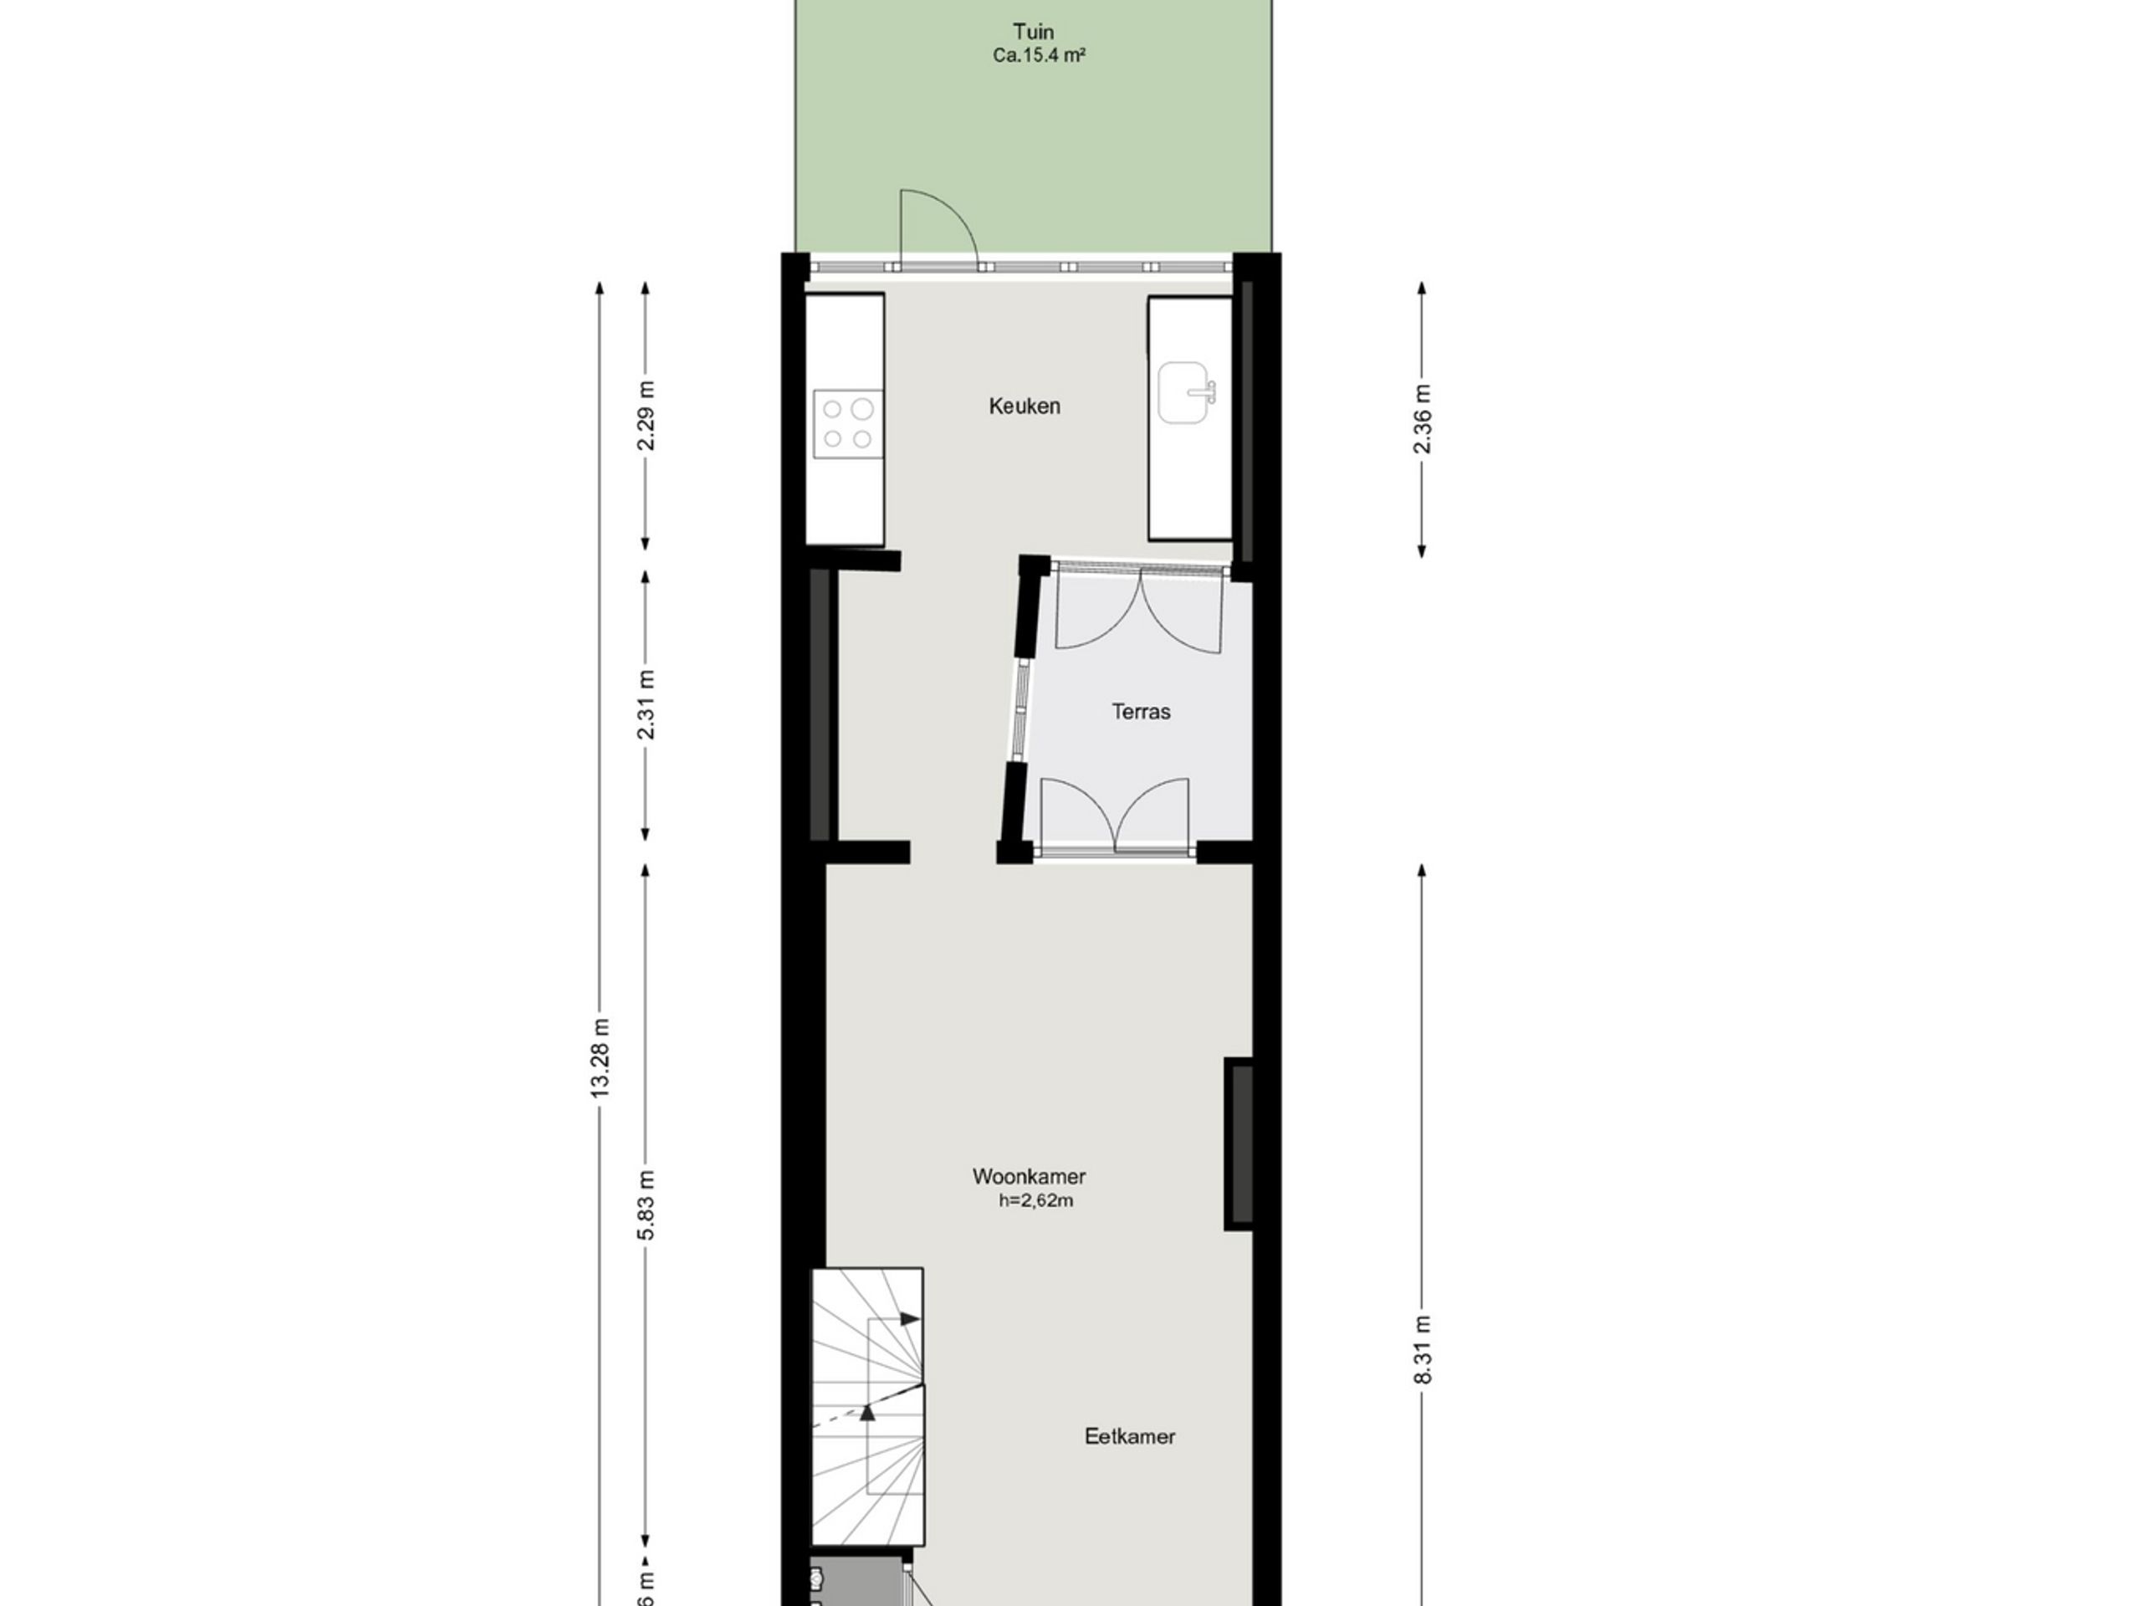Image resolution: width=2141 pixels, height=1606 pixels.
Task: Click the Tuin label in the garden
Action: click(1033, 32)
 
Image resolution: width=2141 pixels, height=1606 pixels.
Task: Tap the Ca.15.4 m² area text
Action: click(1038, 56)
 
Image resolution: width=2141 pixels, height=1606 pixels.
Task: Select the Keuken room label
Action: click(1024, 407)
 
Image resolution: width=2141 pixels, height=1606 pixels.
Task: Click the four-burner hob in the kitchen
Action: click(848, 424)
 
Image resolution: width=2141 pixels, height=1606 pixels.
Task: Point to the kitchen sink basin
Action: click(1185, 393)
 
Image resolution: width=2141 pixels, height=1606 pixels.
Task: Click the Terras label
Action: click(1140, 713)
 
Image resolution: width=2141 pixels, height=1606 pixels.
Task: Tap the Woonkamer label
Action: click(1028, 1177)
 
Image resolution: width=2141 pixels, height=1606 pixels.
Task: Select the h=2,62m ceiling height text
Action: click(1035, 1201)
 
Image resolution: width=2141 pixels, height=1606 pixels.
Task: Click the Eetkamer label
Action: click(1130, 1436)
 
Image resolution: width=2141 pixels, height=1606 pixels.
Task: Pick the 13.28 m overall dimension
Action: click(600, 1057)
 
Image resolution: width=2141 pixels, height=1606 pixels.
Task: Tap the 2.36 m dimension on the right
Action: click(1422, 419)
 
